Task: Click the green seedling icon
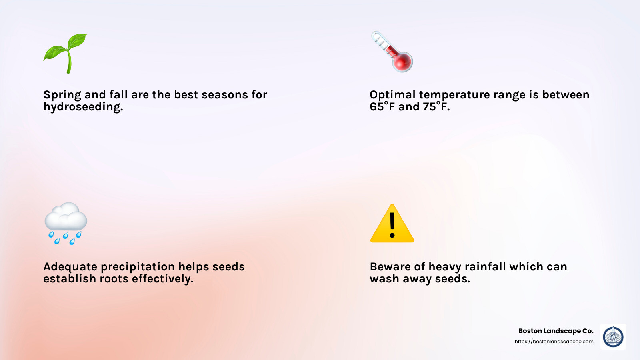pyautogui.click(x=66, y=53)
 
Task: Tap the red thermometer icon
pyautogui.click(x=392, y=52)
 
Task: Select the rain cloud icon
pyautogui.click(x=66, y=223)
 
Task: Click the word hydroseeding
pyautogui.click(x=83, y=107)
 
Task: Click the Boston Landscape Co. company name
pyautogui.click(x=556, y=331)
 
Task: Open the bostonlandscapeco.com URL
pyautogui.click(x=554, y=342)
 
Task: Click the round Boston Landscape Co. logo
pyautogui.click(x=613, y=336)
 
